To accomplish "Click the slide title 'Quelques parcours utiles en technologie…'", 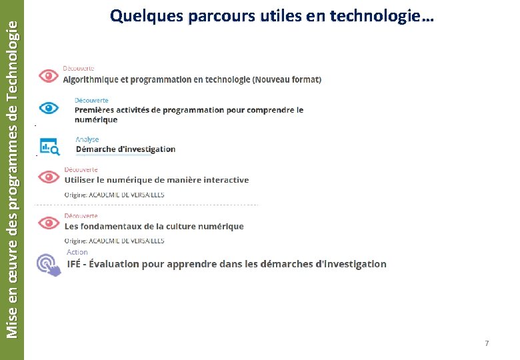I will coord(272,16).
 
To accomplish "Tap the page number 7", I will coord(487,343).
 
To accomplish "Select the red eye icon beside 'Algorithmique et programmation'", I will coord(49,75).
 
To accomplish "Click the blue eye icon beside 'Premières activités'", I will coord(49,108).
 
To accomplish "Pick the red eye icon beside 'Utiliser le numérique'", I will coord(49,177).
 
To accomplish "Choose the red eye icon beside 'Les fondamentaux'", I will coord(49,223).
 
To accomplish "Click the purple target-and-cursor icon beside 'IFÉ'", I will coord(49,263).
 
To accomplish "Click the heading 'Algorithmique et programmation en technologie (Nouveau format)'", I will coord(192,79).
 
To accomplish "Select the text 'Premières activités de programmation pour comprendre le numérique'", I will coord(189,115).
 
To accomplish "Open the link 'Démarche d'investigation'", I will coord(125,149).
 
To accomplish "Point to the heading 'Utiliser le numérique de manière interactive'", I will coord(156,179).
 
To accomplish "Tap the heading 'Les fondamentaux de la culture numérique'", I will coord(154,226).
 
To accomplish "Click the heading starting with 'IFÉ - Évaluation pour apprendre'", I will coord(227,264).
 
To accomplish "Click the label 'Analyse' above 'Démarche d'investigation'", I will coord(87,139).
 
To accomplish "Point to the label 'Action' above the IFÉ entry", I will coord(77,252).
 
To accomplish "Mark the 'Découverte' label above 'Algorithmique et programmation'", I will coord(79,68).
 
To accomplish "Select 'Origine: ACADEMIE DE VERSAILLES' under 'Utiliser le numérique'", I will coord(114,195).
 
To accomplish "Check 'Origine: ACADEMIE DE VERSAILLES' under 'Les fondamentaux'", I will coord(114,240).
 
